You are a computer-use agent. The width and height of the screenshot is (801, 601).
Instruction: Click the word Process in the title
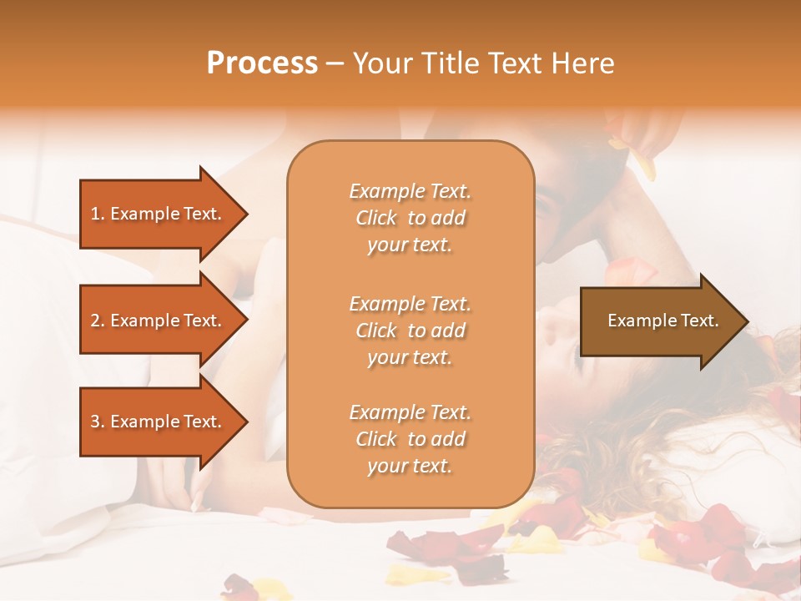click(262, 63)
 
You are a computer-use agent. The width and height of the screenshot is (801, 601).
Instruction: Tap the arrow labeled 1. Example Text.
click(159, 214)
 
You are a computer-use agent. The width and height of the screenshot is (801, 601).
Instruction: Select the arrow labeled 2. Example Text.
click(159, 321)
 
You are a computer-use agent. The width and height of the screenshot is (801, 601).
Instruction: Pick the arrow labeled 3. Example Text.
click(159, 422)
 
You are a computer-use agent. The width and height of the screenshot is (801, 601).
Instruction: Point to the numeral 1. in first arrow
click(98, 214)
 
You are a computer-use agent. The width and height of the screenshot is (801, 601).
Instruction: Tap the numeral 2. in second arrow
click(98, 321)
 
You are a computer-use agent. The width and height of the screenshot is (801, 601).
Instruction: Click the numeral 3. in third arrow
click(98, 422)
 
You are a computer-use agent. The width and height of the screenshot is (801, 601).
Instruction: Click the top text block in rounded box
click(410, 218)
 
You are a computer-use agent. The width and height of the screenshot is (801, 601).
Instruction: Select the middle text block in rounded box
click(410, 331)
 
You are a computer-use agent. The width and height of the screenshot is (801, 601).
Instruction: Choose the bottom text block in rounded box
click(410, 439)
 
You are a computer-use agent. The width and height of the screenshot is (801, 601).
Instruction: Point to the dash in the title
click(335, 64)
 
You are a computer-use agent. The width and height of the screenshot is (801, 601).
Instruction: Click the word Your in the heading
click(381, 63)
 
